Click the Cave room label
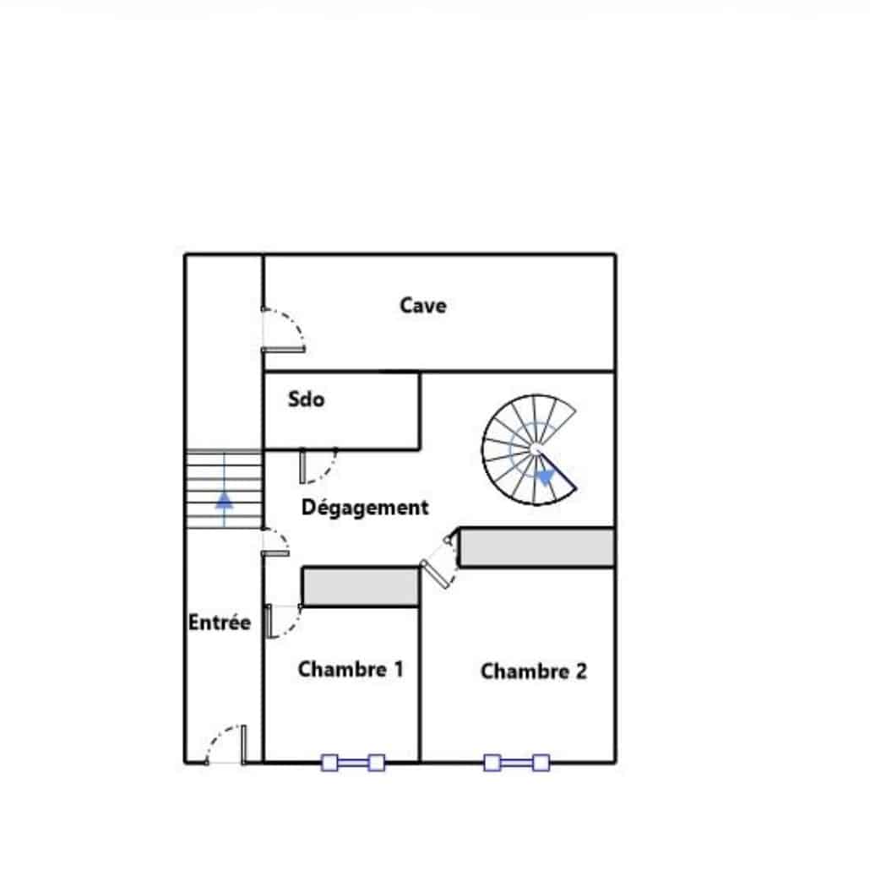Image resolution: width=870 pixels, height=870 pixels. coord(423,305)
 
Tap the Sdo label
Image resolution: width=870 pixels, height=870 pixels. coord(307,399)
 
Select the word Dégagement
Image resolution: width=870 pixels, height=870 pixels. coord(365,508)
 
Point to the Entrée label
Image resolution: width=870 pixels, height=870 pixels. coord(219,622)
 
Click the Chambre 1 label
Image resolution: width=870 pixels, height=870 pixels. coord(351,669)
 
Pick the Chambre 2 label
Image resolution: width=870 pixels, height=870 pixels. coord(534,672)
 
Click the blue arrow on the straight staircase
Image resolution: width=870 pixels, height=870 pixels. coord(224,500)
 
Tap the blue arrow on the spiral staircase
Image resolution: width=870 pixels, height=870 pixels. coord(546,476)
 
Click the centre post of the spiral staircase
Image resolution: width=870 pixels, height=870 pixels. coord(535,449)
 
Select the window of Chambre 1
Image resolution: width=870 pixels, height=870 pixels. coord(353,763)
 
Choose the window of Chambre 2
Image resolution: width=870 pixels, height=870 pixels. coord(517,763)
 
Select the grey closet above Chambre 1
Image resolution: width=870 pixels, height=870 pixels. coord(361,586)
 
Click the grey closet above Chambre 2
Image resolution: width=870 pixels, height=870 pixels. coord(537,547)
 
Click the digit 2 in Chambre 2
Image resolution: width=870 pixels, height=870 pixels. coord(581,672)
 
